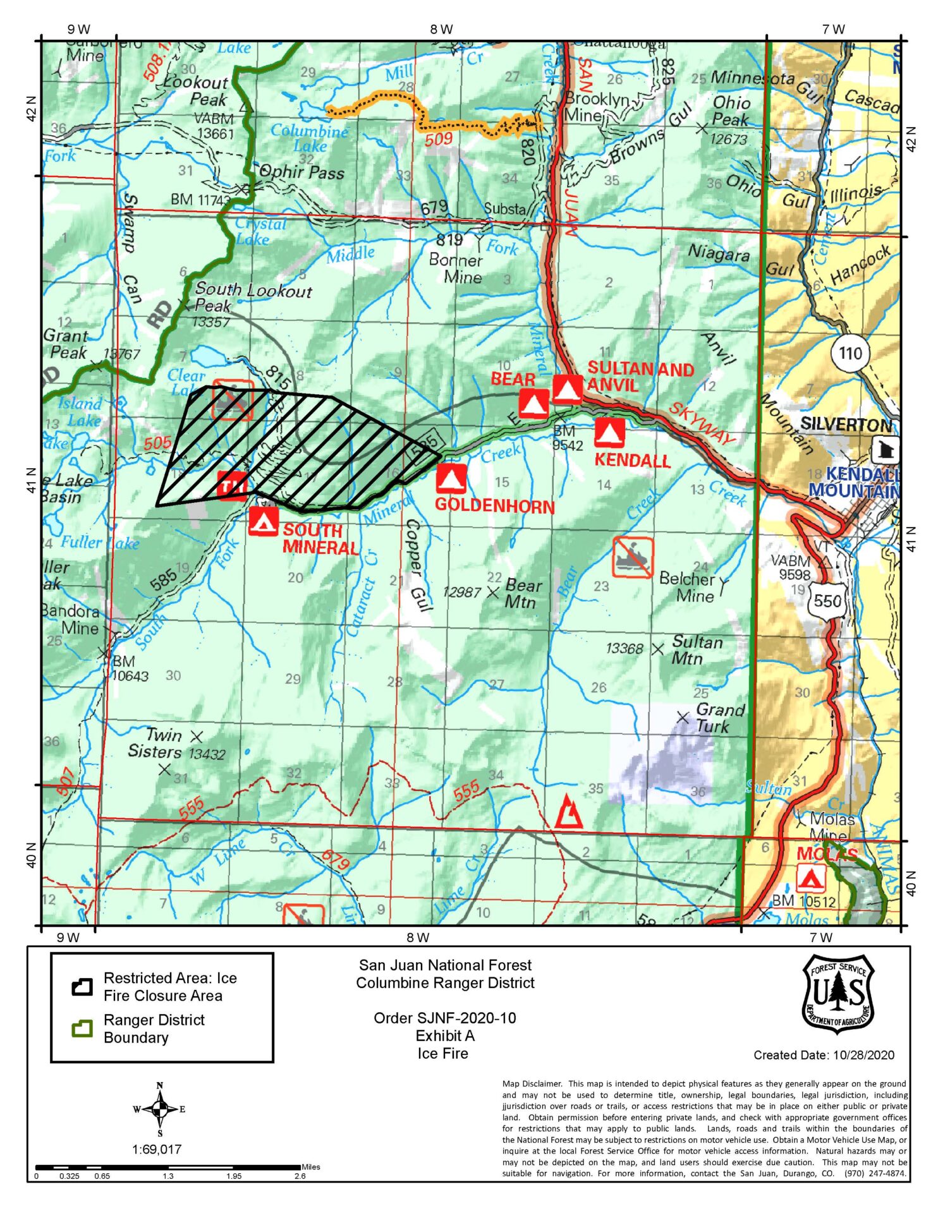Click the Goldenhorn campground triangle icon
(451, 479)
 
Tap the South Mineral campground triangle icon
(264, 521)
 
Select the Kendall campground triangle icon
(609, 433)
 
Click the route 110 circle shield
(850, 353)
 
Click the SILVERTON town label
(846, 425)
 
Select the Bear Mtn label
(520, 593)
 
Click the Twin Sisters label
(155, 744)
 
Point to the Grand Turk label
(719, 718)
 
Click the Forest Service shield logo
(837, 994)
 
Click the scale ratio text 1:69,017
(157, 1149)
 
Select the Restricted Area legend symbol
(82, 987)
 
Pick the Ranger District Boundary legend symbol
(82, 1029)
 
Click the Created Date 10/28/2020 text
(824, 1054)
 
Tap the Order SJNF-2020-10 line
(444, 1018)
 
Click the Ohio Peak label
(731, 111)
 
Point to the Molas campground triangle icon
(810, 878)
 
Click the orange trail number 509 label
(438, 139)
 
